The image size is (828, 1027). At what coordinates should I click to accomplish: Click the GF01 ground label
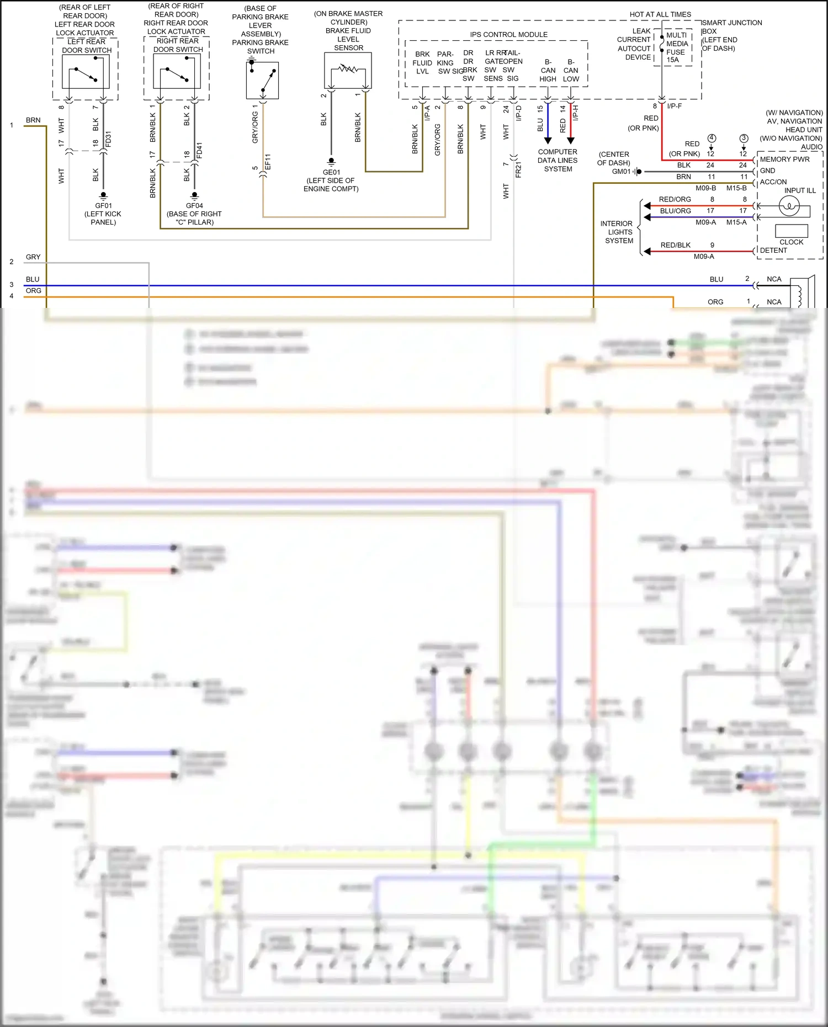click(103, 205)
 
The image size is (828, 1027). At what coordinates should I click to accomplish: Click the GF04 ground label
click(194, 205)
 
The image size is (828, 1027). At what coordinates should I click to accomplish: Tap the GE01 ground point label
click(331, 172)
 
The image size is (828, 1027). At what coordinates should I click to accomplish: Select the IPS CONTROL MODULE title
click(508, 34)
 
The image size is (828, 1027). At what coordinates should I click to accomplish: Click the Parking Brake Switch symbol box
click(262, 80)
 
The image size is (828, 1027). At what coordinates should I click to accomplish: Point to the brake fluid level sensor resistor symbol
click(348, 69)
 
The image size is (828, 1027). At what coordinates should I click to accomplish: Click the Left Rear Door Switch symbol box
click(86, 72)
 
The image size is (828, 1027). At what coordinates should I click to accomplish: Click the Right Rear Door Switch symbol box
click(177, 72)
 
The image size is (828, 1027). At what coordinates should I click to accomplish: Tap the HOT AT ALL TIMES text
click(660, 14)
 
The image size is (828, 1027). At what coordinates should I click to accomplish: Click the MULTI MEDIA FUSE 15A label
click(676, 47)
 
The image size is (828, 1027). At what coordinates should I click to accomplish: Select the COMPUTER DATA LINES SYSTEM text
click(558, 160)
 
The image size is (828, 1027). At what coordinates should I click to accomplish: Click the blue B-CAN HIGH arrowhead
click(548, 141)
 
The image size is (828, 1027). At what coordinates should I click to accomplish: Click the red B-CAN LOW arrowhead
click(571, 141)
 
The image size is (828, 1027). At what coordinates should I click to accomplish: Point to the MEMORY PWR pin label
click(784, 159)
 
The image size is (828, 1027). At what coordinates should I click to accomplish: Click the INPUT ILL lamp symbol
click(789, 206)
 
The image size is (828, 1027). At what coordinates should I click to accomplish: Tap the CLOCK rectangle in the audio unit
click(791, 231)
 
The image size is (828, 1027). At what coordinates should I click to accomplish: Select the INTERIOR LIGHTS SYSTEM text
click(618, 232)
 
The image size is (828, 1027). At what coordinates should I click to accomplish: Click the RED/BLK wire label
click(675, 245)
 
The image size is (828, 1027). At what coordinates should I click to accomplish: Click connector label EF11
click(268, 161)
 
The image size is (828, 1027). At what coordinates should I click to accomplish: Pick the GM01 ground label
click(621, 172)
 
